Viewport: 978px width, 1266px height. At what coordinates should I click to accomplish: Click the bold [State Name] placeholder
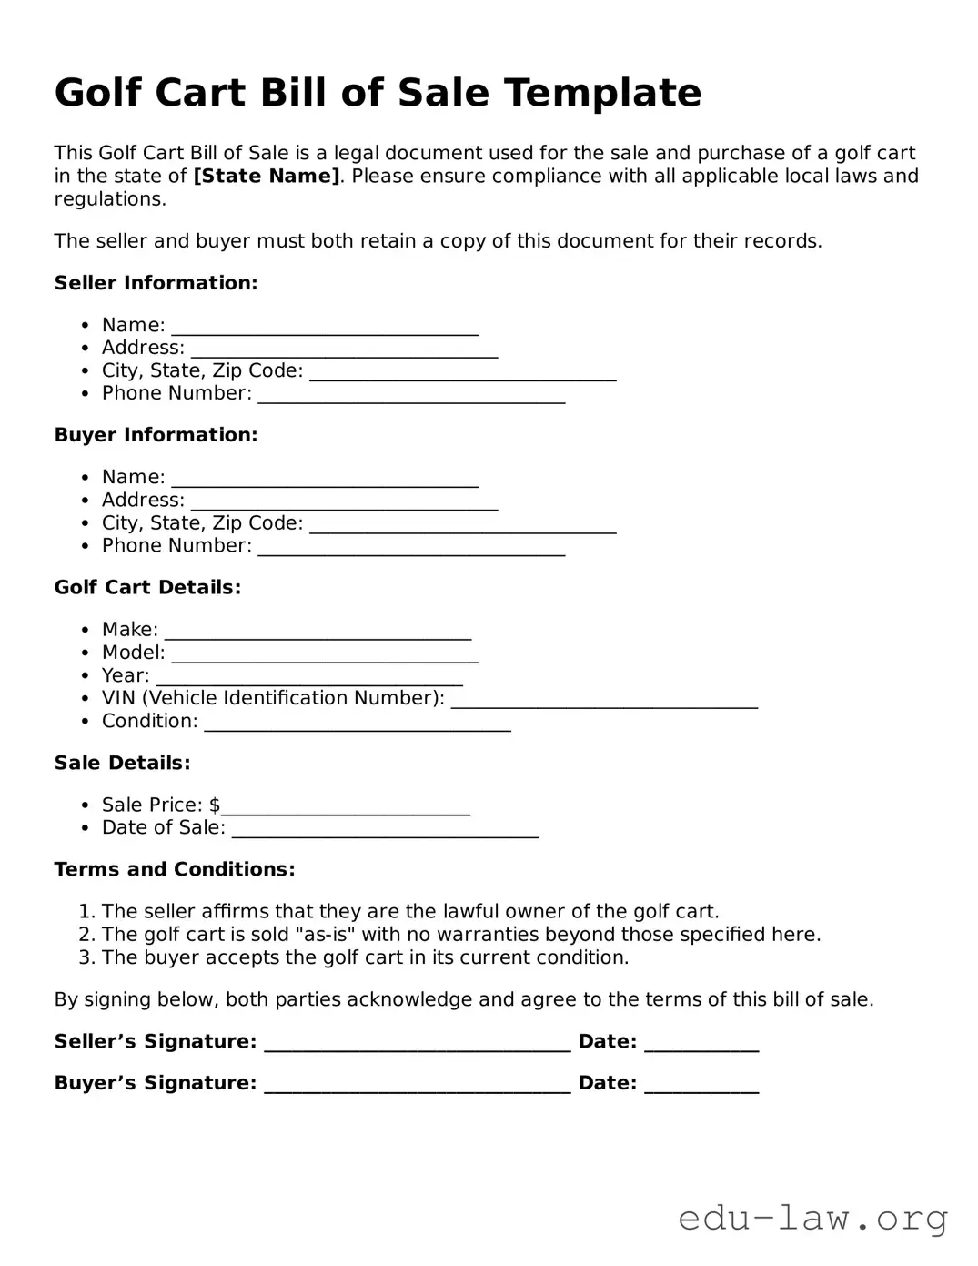point(267,176)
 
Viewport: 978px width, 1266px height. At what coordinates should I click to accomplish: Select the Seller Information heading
point(156,283)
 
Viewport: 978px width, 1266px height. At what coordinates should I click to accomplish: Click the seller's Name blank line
point(325,328)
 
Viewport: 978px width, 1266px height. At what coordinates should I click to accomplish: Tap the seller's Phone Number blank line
point(411,396)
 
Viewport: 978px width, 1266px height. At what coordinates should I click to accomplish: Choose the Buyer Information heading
point(156,435)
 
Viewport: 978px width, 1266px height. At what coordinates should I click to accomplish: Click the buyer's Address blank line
point(344,502)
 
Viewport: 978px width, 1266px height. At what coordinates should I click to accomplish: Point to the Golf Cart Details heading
point(147,587)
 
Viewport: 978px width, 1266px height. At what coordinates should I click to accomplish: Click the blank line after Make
point(318,633)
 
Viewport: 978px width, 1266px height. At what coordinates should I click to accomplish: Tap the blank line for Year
point(309,678)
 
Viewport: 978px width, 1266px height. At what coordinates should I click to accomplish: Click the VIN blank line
point(604,701)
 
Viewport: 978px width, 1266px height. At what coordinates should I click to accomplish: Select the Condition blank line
point(357,724)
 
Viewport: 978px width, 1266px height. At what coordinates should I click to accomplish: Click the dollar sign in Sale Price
point(215,805)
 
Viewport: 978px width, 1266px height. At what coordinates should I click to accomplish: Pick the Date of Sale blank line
point(385,830)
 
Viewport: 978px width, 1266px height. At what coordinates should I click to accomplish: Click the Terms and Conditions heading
point(175,869)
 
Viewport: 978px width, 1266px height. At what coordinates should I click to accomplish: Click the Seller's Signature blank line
point(417,1044)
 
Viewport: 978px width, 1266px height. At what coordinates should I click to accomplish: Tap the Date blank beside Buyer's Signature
point(701,1086)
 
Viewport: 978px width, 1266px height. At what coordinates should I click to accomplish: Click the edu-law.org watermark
point(812,1218)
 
